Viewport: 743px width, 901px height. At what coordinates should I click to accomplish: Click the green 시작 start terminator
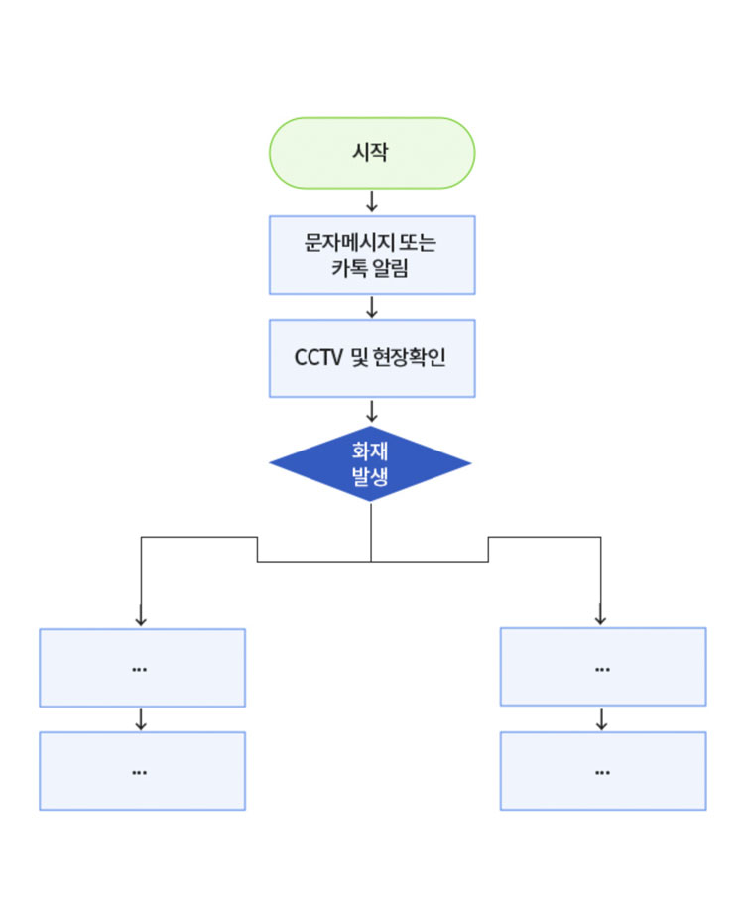tap(372, 153)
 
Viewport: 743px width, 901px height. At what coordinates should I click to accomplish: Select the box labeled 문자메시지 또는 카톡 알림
tap(372, 255)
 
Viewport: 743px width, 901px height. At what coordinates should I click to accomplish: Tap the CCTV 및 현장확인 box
tap(372, 358)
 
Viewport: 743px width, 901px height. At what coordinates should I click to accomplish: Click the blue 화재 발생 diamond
tap(370, 464)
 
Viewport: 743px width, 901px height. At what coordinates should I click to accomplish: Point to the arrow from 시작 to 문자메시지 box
tap(372, 201)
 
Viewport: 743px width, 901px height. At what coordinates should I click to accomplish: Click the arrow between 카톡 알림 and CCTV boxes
tap(372, 306)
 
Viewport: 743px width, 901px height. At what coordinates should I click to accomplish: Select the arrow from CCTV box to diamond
tap(372, 410)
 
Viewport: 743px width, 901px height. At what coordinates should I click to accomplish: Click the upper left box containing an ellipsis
tap(142, 668)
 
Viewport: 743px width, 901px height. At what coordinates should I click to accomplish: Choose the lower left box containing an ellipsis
tap(142, 771)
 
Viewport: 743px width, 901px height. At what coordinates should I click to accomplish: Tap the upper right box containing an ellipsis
tap(602, 668)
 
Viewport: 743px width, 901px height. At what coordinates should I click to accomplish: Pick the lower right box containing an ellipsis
tap(602, 771)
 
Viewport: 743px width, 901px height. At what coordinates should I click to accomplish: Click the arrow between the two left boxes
tap(141, 719)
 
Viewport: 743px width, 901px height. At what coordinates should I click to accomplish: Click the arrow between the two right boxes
tap(601, 719)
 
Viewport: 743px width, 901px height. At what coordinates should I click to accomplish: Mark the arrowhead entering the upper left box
tap(141, 619)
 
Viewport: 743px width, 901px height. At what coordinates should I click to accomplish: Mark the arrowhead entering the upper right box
tap(600, 619)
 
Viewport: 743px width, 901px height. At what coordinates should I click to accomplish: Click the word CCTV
tap(318, 358)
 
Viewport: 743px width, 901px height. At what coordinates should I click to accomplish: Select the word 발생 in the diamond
tap(370, 477)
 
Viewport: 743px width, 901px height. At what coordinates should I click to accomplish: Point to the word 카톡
tap(349, 267)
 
